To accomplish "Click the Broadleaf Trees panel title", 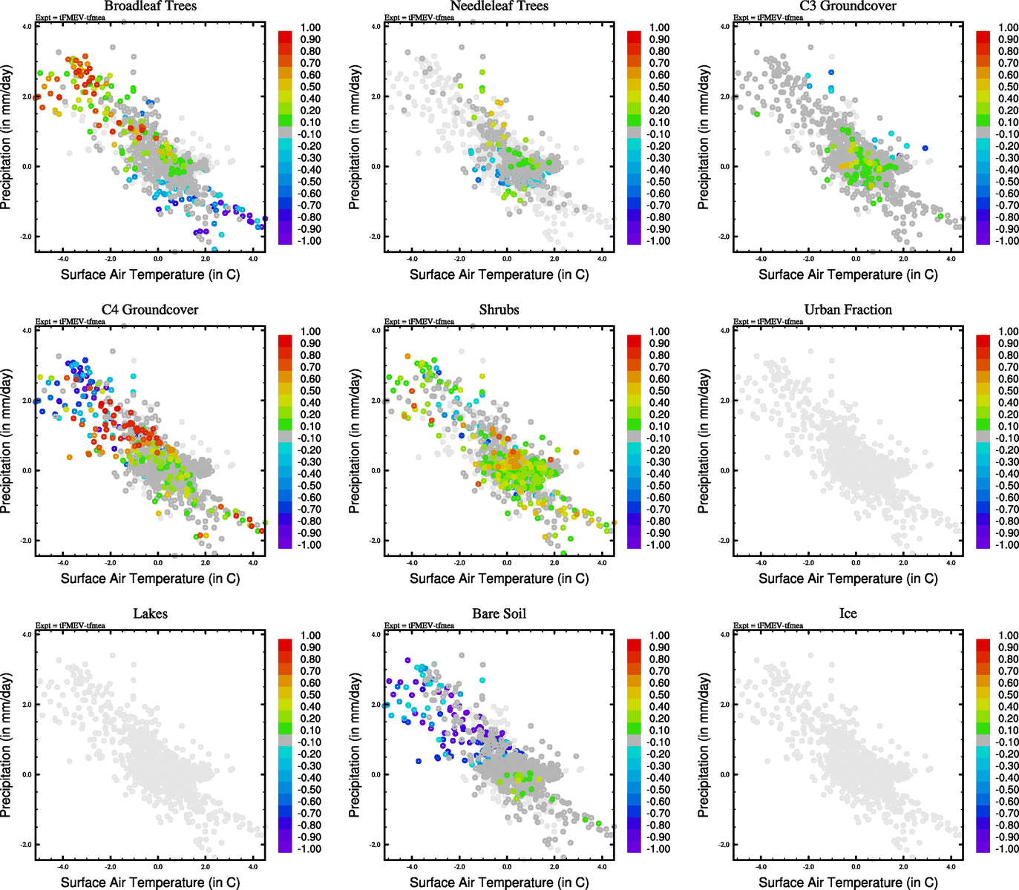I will click(x=150, y=6).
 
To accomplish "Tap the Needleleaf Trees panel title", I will click(x=499, y=6).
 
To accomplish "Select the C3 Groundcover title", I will click(x=848, y=6).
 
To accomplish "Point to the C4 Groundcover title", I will click(x=150, y=310).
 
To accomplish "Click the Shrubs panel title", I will click(x=499, y=310).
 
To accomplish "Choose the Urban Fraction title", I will click(x=848, y=310).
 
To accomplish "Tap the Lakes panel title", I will click(x=150, y=614).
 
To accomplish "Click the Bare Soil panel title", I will click(x=499, y=614).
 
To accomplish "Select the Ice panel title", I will click(x=848, y=614).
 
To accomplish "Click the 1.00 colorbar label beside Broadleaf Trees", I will click(x=310, y=27).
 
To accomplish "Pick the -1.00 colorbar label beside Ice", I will click(x=1007, y=849).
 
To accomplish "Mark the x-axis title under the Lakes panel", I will click(x=150, y=883).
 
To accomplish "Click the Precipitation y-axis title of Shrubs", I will click(x=355, y=441).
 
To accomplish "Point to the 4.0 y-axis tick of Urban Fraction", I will click(x=724, y=331).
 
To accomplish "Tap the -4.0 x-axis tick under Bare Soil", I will click(x=412, y=866).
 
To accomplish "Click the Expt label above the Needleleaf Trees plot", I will click(x=419, y=18).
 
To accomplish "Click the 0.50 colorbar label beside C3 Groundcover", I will click(x=1008, y=87).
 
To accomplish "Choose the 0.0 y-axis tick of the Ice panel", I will click(x=724, y=774).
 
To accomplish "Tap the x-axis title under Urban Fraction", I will click(x=848, y=578).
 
